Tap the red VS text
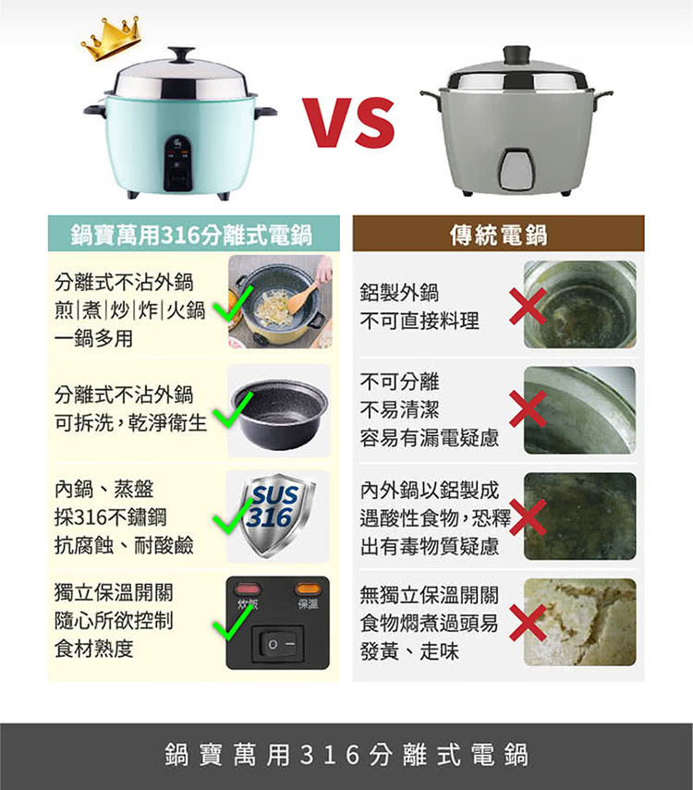[348, 123]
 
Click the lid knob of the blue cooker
[181, 55]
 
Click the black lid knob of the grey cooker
[517, 55]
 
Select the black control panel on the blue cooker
[178, 163]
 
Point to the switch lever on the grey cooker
[517, 170]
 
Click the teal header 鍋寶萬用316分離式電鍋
[193, 234]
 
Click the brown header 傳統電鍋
[498, 234]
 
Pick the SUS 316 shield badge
[278, 514]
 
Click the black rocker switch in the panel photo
[278, 643]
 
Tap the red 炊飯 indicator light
[248, 588]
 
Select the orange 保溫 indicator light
[308, 588]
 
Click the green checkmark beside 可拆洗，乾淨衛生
[232, 410]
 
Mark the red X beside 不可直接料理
[528, 306]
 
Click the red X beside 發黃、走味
[528, 623]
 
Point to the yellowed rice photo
[580, 622]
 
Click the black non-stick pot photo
[279, 410]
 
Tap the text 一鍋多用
[93, 338]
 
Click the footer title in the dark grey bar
[346, 755]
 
